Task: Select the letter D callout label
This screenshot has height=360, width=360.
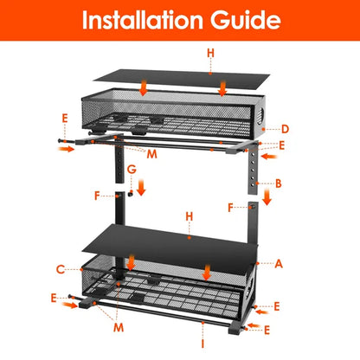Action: coord(284,130)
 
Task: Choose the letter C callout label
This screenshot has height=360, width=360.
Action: coord(60,269)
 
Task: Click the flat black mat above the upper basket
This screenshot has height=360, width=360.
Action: coord(173,74)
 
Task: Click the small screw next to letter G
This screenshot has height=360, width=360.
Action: coord(125,196)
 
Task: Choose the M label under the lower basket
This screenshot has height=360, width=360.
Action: coord(117,328)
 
